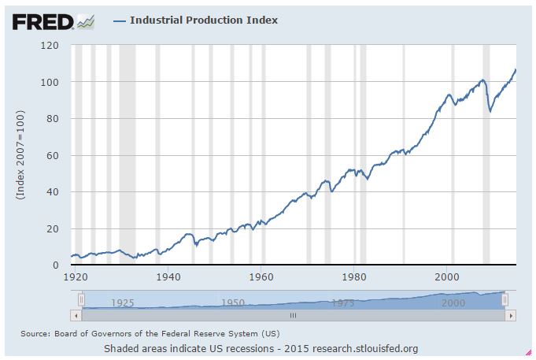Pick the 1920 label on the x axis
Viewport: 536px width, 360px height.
pyautogui.click(x=75, y=277)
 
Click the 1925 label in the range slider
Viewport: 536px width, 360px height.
pyautogui.click(x=122, y=302)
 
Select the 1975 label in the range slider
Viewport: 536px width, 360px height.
pyautogui.click(x=342, y=302)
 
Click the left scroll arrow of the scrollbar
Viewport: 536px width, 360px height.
pyautogui.click(x=76, y=315)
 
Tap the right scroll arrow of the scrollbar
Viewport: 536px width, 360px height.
pyautogui.click(x=510, y=315)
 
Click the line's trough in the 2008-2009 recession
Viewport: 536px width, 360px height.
pyautogui.click(x=490, y=111)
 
